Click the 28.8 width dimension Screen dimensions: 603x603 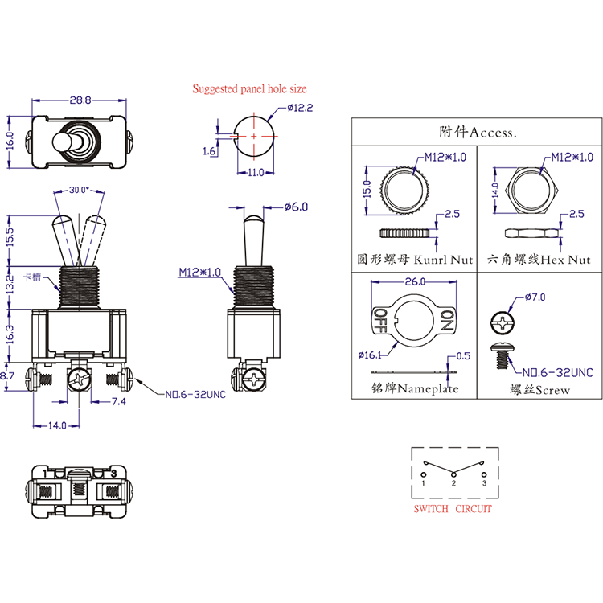click(80, 100)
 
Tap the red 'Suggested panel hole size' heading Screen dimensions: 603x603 click(248, 89)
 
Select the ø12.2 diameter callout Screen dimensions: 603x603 click(298, 108)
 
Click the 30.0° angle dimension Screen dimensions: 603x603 click(79, 191)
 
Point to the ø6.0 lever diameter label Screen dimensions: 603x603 click(296, 207)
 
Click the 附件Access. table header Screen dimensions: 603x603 click(478, 132)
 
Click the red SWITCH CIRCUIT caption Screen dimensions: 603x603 click(452, 509)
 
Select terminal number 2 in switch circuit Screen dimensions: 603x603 click(453, 483)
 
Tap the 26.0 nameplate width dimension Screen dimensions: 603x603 click(415, 282)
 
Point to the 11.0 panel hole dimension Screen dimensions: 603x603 click(255, 173)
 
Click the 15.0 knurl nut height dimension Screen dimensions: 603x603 click(367, 189)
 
